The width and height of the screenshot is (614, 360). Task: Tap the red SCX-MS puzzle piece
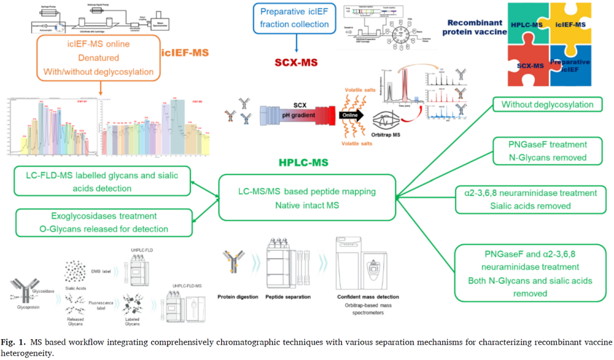click(x=528, y=65)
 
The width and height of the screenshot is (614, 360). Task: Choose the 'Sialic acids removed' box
click(x=534, y=200)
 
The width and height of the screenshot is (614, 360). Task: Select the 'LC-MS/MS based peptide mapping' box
click(x=307, y=198)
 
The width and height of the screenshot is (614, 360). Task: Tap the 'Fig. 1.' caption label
click(x=13, y=341)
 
